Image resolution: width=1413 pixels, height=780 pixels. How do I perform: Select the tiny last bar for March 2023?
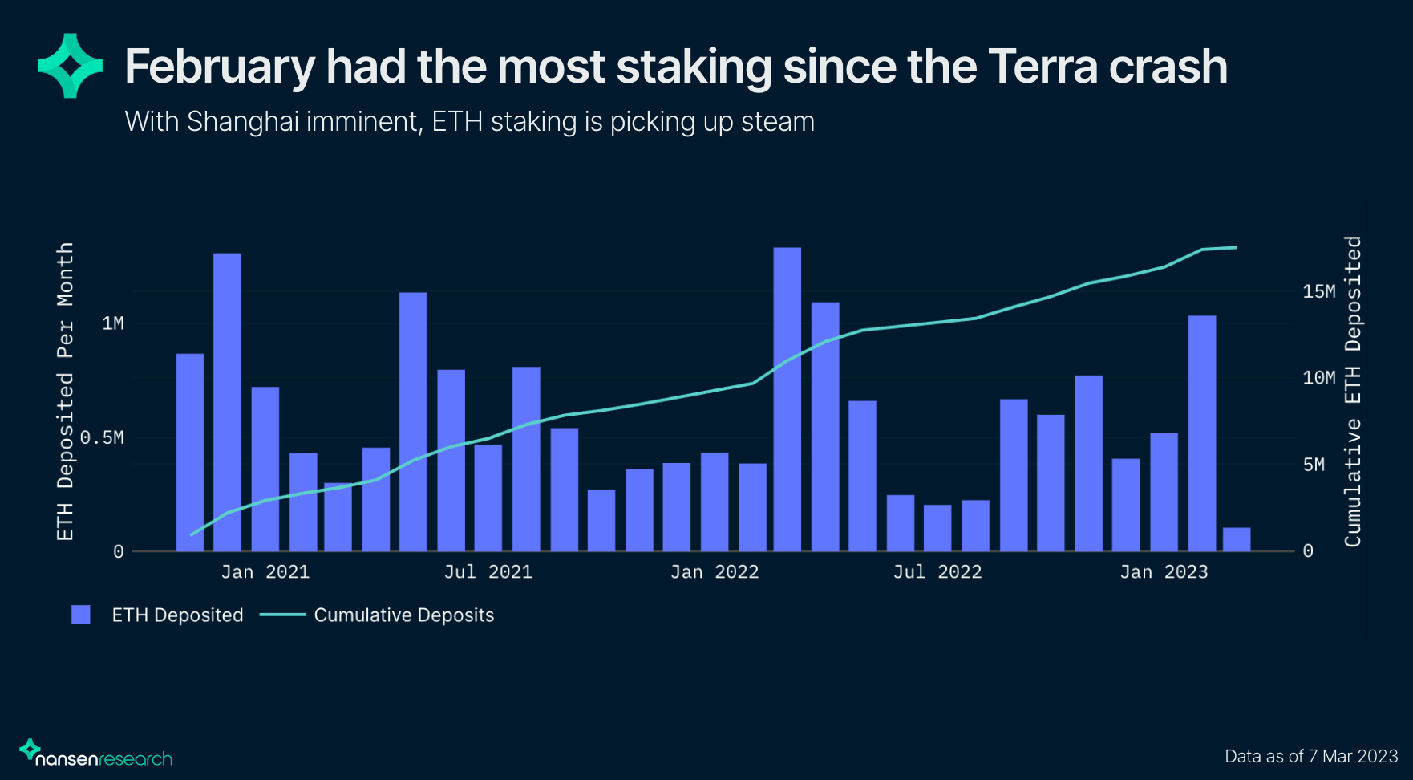click(1237, 539)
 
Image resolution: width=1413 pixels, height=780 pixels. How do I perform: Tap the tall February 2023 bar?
click(1202, 433)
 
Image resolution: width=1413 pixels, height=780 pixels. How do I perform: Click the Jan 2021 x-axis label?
click(265, 572)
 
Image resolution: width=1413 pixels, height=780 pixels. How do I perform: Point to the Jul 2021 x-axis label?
click(488, 572)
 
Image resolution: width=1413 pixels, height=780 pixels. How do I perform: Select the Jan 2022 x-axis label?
click(714, 572)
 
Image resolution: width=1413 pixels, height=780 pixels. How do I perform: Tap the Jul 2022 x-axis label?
click(937, 572)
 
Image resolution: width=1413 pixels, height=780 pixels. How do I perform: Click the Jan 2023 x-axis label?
click(1163, 572)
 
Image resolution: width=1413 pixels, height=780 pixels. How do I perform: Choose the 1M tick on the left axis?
click(113, 323)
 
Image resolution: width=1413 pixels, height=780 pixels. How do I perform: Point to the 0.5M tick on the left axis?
click(102, 437)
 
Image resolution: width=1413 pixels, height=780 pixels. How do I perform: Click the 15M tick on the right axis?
click(1318, 291)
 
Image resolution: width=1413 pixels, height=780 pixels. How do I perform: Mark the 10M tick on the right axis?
click(1318, 378)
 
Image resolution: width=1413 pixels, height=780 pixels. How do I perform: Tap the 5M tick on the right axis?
click(1314, 465)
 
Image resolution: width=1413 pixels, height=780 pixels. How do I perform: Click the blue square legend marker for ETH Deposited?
click(81, 615)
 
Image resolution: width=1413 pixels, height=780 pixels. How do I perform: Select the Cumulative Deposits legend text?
click(403, 615)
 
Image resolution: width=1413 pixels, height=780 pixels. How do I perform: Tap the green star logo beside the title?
click(71, 66)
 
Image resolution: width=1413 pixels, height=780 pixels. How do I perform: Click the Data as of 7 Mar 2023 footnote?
click(1311, 756)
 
